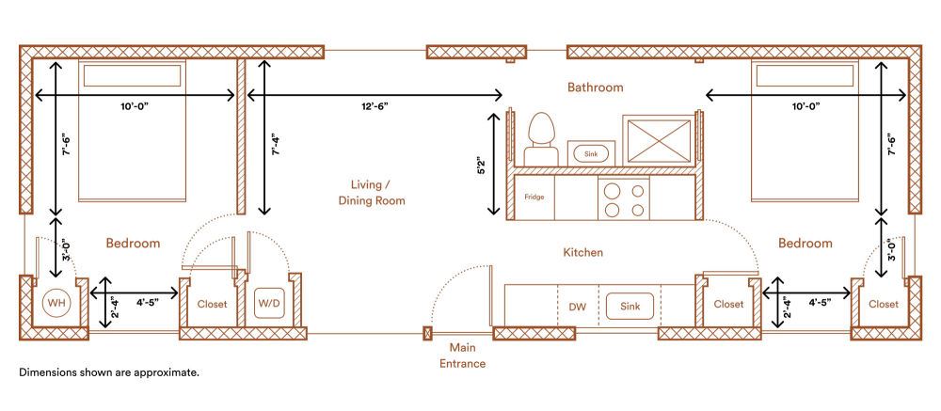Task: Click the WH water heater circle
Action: point(56,304)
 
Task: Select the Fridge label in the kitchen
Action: point(534,198)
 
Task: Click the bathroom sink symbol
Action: point(590,152)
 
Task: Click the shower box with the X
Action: point(658,138)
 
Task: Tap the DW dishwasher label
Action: point(578,307)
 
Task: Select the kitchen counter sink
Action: point(630,306)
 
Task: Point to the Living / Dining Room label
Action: point(372,193)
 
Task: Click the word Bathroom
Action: point(595,87)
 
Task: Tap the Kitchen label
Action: point(582,253)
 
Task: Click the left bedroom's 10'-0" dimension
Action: point(134,106)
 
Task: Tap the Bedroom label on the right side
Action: point(805,244)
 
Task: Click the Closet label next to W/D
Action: point(213,304)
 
